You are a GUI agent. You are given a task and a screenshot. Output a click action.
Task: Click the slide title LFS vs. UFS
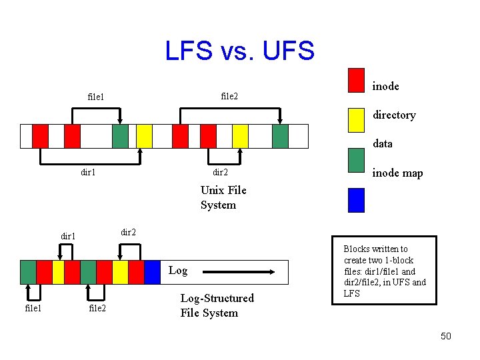tap(239, 51)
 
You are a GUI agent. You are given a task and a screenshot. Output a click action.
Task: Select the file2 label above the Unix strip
tap(229, 96)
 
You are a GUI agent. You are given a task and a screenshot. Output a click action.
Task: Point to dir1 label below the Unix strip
tap(88, 172)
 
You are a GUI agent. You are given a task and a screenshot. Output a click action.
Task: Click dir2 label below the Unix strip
tap(220, 172)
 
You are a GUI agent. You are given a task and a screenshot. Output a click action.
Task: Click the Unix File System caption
tap(223, 197)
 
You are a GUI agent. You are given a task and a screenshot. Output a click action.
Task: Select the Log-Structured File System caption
tap(217, 305)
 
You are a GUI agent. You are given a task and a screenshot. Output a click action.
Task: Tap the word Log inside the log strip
tap(178, 271)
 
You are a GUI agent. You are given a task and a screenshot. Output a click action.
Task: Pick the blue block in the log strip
tap(152, 272)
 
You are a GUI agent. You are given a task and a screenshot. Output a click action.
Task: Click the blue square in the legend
tap(357, 200)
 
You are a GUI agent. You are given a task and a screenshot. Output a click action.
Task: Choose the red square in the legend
tap(357, 80)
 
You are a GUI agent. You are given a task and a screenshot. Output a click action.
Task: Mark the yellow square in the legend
tap(357, 119)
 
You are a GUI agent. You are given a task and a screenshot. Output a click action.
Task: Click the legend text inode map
tap(397, 173)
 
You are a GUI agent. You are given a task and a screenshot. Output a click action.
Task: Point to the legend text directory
tap(394, 115)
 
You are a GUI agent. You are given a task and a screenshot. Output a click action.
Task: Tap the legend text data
tap(383, 143)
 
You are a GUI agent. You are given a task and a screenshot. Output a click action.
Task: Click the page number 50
tap(445, 336)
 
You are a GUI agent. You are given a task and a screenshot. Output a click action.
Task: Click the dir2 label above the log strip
tap(128, 232)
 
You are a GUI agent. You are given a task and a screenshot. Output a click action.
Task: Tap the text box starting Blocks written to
tap(385, 271)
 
